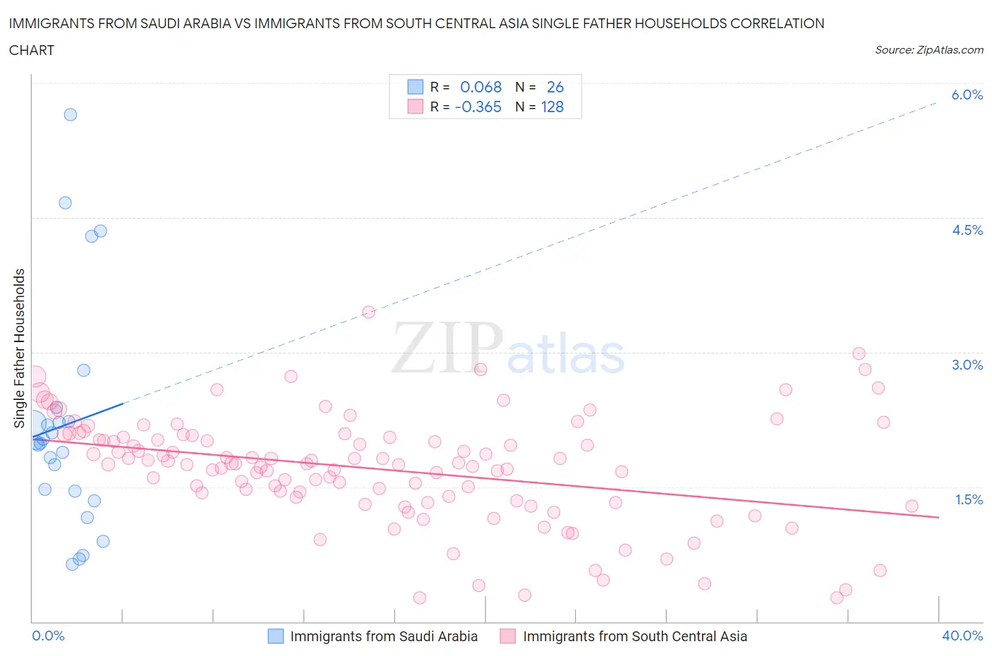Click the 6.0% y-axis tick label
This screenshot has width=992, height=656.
click(x=967, y=95)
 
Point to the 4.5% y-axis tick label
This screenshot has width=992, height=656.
click(x=967, y=230)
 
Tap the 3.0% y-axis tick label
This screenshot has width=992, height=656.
click(x=967, y=365)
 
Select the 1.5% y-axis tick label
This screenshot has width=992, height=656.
click(x=968, y=499)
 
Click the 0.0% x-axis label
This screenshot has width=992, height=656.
click(x=48, y=636)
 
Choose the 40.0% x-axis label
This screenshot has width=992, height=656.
click(x=962, y=636)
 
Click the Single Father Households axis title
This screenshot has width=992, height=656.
click(x=20, y=348)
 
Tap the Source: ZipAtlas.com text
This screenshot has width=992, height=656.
click(x=929, y=50)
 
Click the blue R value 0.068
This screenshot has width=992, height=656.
click(x=480, y=87)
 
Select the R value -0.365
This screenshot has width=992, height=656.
click(x=478, y=107)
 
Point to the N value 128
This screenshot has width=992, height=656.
click(x=552, y=107)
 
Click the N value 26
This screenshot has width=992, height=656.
click(x=555, y=87)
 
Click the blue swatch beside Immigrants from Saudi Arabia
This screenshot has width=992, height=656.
click(x=275, y=636)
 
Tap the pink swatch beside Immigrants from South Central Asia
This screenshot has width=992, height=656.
click(x=507, y=636)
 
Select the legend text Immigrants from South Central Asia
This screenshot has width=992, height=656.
click(x=634, y=636)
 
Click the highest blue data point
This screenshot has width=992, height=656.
click(x=71, y=114)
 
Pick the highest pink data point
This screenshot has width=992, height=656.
click(x=368, y=312)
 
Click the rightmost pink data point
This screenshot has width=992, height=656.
click(x=912, y=506)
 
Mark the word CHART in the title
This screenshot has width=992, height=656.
click(x=32, y=50)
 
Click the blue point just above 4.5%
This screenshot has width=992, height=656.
click(x=65, y=202)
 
